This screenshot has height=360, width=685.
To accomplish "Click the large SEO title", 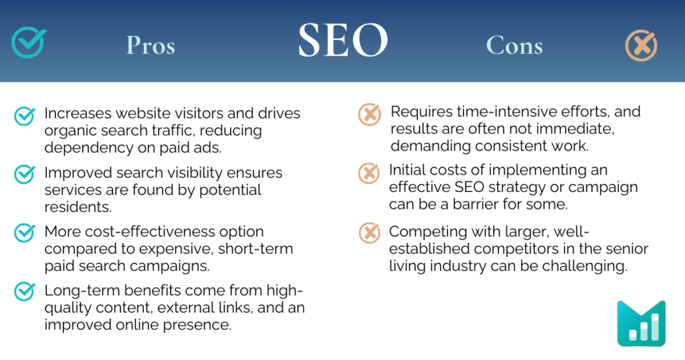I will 342,41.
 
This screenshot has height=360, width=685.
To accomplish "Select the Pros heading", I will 151,46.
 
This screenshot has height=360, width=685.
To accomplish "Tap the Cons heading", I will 514,46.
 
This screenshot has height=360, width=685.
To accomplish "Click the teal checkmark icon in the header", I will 28,41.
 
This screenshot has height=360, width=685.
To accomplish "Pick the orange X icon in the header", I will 641,46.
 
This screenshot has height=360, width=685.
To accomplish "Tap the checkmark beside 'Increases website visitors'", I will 25,116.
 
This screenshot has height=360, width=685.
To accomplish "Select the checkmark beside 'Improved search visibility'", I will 25,174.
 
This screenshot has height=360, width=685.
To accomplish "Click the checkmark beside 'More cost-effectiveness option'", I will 25,233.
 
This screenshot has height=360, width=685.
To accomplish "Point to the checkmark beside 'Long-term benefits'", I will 25,292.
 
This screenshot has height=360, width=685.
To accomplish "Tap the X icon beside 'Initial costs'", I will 369,173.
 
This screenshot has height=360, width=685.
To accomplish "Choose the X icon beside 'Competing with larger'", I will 369,232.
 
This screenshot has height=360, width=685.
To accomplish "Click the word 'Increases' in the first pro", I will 74,114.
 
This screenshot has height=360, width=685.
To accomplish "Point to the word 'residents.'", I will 74,207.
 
